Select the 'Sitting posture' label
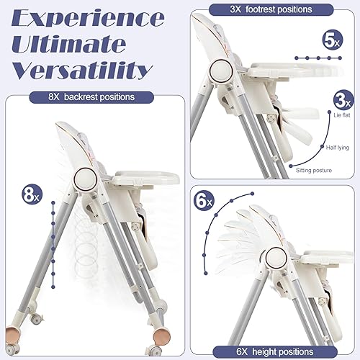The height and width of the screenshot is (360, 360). [x=314, y=171]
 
